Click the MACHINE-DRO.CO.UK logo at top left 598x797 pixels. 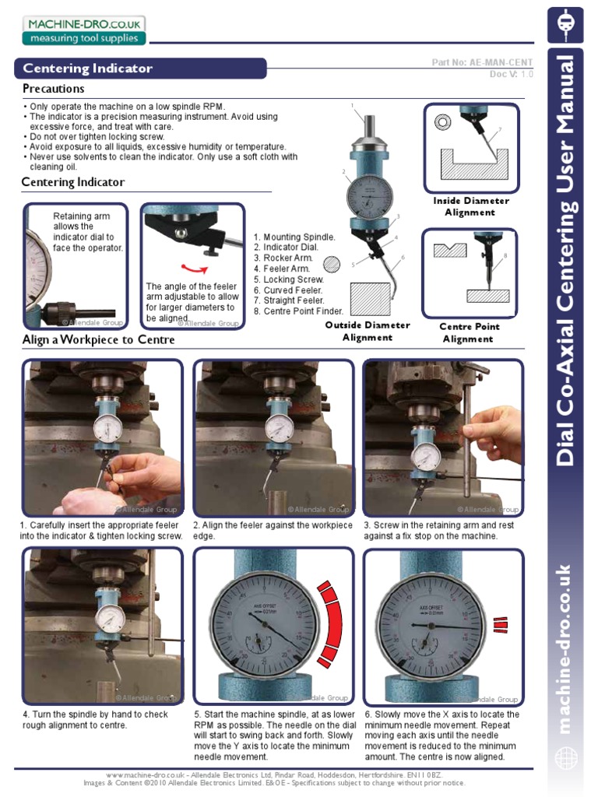click(83, 30)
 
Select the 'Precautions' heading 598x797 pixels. click(54, 89)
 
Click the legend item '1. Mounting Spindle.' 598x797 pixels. click(294, 237)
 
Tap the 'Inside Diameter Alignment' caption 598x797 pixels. click(470, 206)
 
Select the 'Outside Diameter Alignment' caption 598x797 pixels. click(367, 331)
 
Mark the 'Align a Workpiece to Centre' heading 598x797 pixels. click(98, 340)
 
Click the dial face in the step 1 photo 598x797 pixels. click(108, 428)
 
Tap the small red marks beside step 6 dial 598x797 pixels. click(499, 623)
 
